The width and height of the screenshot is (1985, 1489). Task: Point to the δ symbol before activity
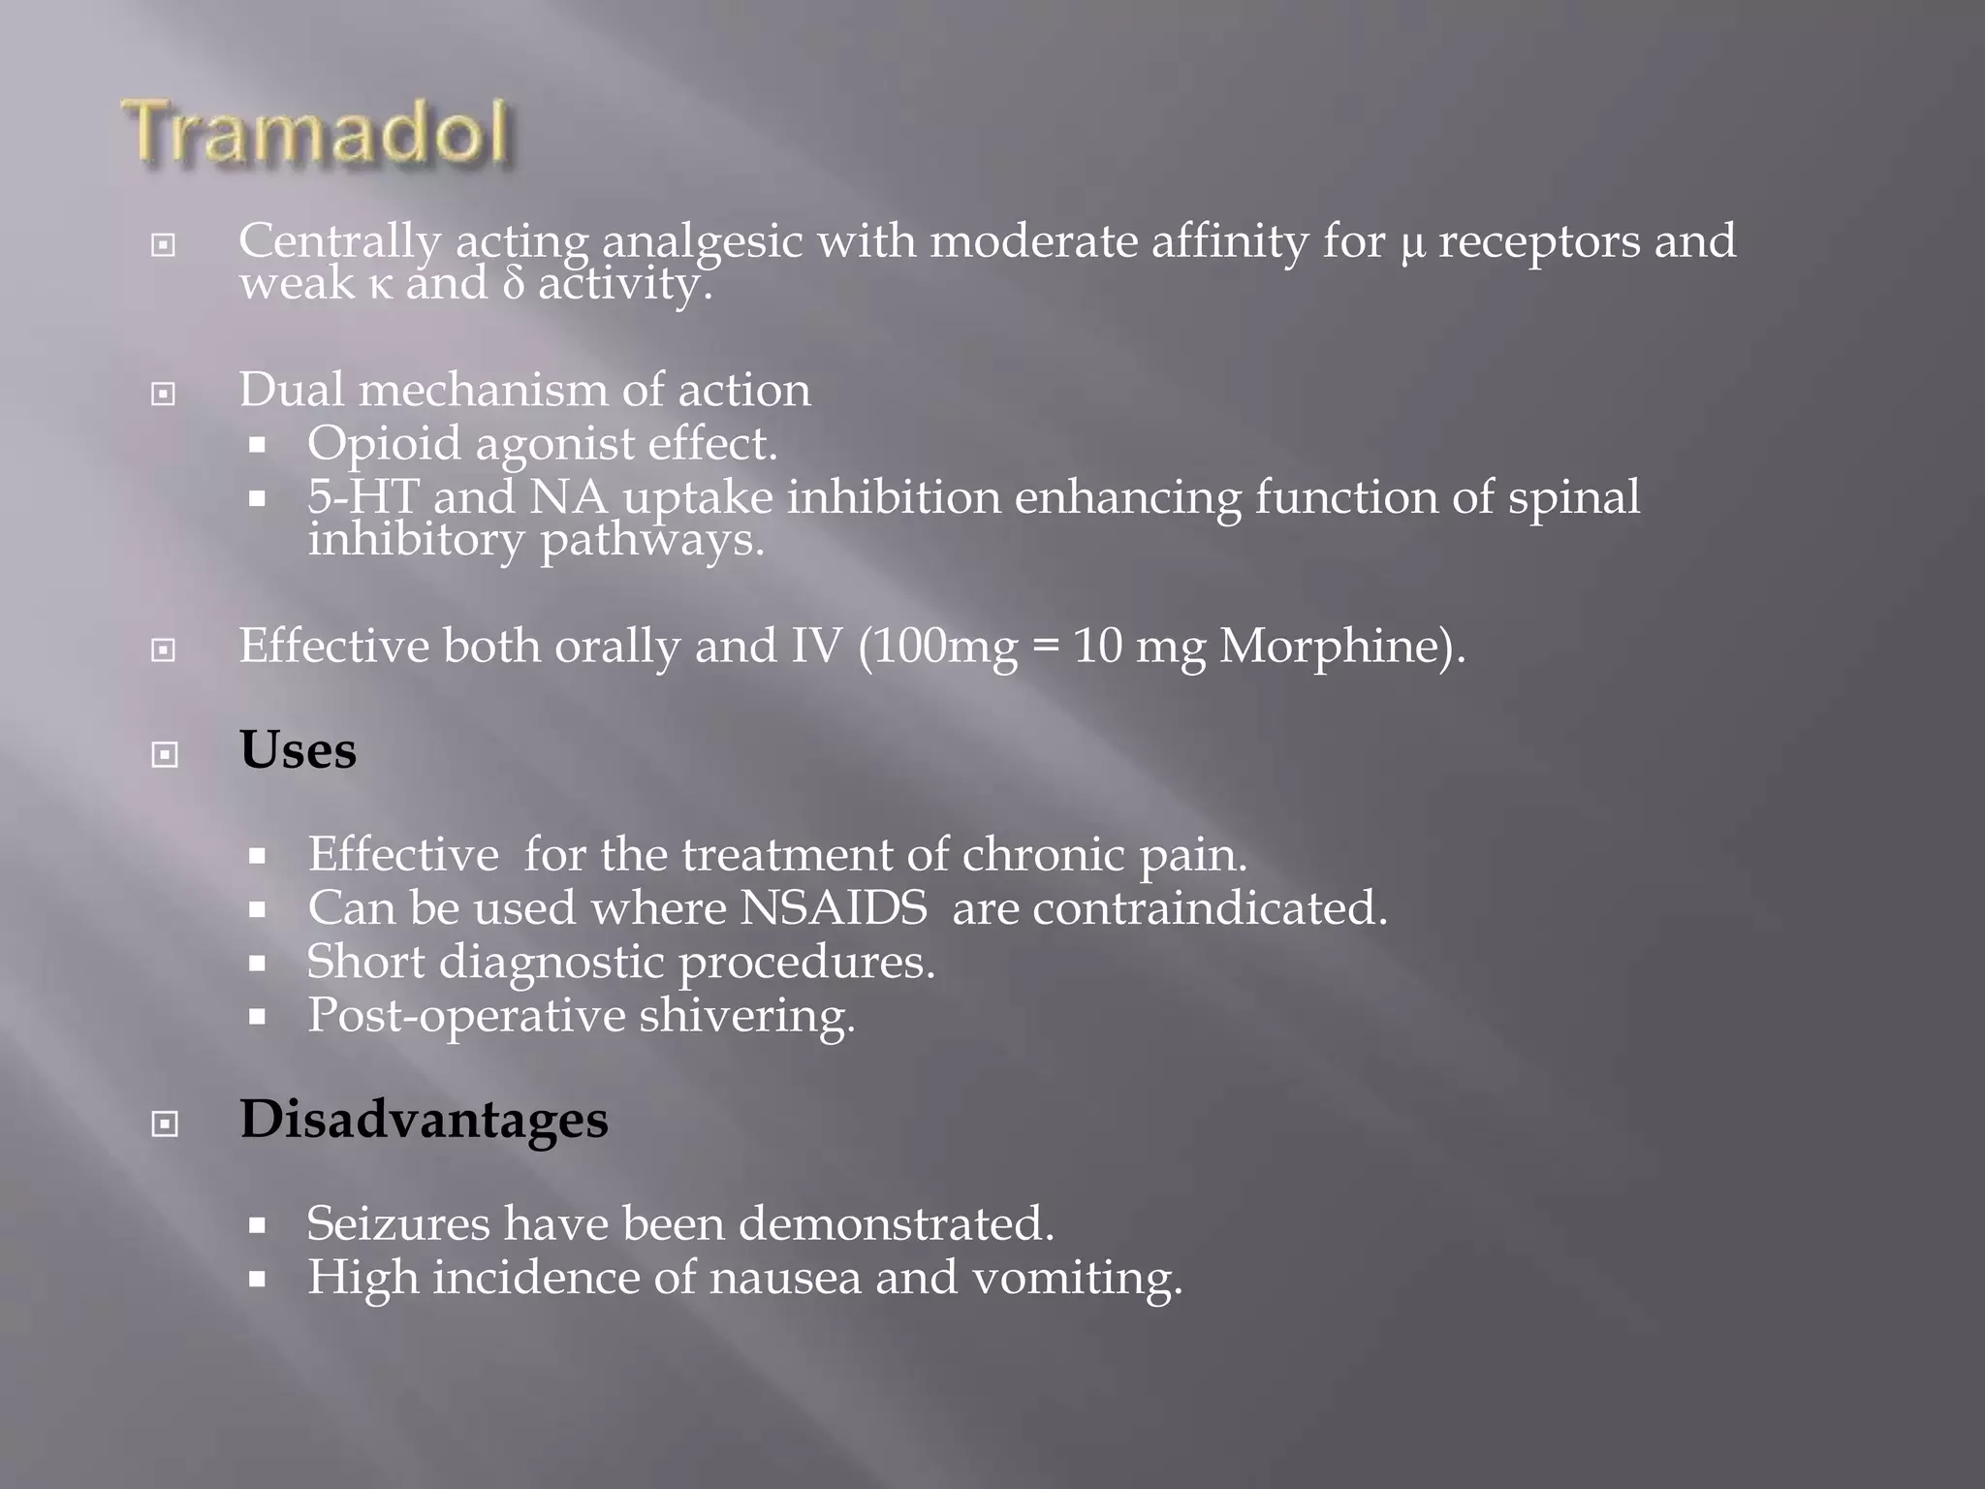513,284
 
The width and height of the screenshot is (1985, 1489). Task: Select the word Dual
291,390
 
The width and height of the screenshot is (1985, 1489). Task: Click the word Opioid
384,445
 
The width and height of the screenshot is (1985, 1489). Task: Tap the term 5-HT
362,497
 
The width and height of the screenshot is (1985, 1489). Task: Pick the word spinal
1573,498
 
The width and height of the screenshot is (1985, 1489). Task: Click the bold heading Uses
298,750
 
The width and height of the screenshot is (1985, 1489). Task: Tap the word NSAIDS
833,908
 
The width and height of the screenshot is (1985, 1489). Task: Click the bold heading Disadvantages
424,1120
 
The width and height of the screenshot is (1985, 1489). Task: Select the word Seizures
398,1223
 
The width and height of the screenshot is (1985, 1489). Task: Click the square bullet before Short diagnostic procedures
257,964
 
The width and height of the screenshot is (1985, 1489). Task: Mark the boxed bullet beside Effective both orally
165,649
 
